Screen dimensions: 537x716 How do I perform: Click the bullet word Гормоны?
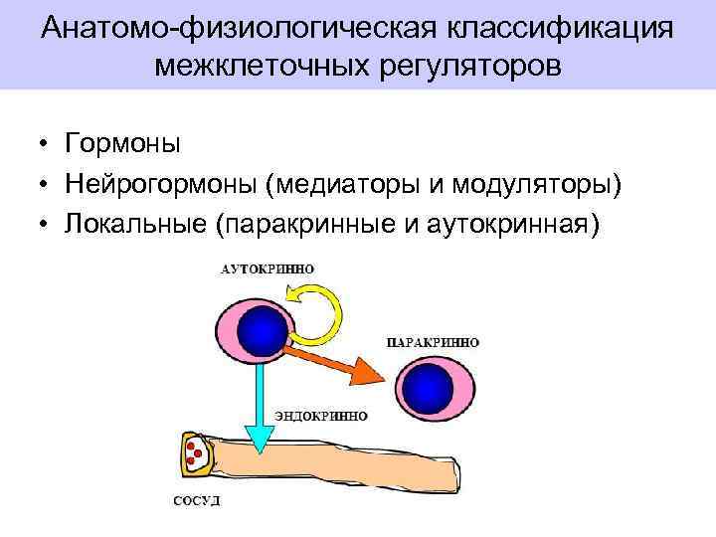pyautogui.click(x=122, y=144)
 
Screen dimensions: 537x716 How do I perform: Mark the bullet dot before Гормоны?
pyautogui.click(x=46, y=145)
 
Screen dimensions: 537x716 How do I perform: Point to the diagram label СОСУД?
pyautogui.click(x=197, y=500)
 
